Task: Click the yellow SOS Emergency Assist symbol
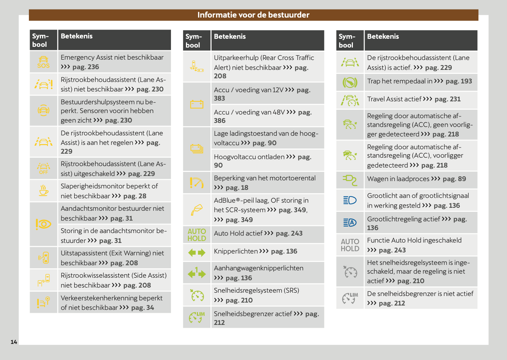pos(43,62)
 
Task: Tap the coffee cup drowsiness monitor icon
pos(44,191)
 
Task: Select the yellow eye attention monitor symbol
pos(44,224)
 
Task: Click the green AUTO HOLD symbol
pos(197,235)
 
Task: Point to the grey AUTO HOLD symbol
pos(350,245)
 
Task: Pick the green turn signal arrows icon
pos(197,252)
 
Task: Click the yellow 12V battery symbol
pos(197,105)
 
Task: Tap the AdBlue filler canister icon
pos(197,210)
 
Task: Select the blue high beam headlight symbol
pos(350,200)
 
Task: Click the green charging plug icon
pos(350,180)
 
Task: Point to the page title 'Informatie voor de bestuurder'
pos(253,15)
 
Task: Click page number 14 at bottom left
pos(14,342)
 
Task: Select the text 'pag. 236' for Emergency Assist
pos(86,67)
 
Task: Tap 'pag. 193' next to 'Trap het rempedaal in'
pos(459,81)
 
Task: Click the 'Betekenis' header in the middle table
pos(230,37)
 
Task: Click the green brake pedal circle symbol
pos(350,82)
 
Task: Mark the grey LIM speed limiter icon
pos(350,298)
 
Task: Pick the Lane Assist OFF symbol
pos(44,169)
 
